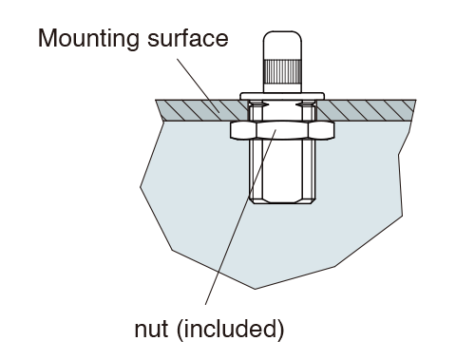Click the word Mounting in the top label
click(88, 38)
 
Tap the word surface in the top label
click(188, 39)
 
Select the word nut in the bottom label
click(151, 330)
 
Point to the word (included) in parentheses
click(230, 330)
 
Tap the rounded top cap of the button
click(282, 45)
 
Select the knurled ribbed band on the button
click(282, 71)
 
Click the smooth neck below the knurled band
click(282, 88)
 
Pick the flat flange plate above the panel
click(282, 96)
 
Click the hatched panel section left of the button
click(201, 110)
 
